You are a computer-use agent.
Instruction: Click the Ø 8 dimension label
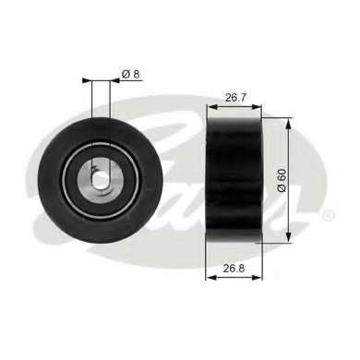click(x=131, y=74)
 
